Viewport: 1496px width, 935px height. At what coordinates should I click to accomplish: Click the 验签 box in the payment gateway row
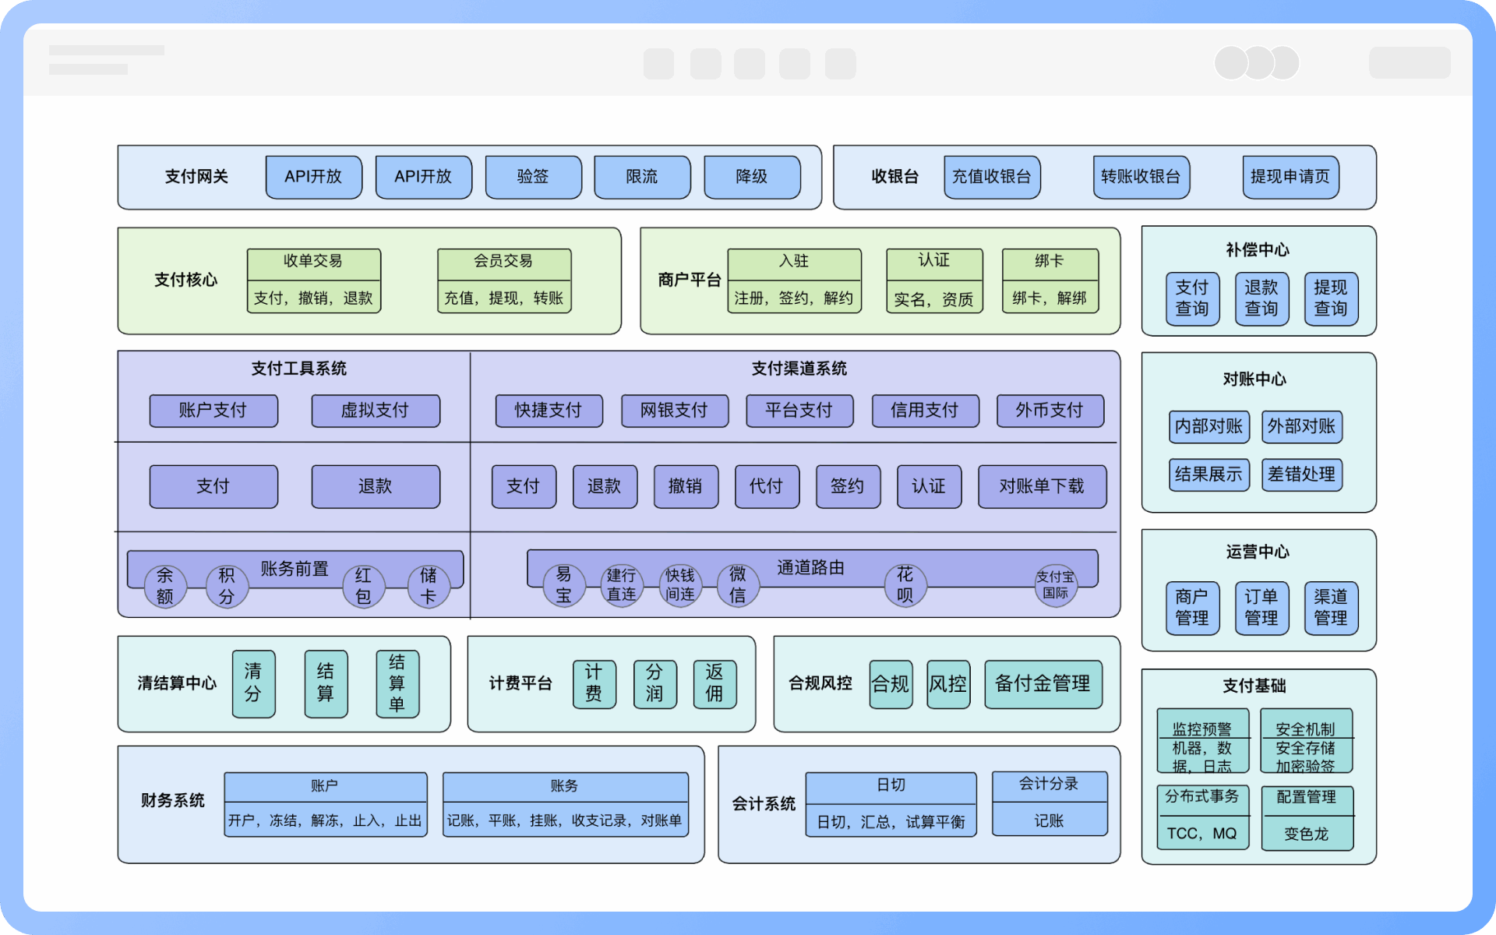click(533, 177)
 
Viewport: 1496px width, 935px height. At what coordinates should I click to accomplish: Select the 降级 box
click(752, 177)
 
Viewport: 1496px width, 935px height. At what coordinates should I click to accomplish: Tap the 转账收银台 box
click(1141, 177)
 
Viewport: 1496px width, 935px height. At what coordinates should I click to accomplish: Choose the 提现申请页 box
click(1290, 177)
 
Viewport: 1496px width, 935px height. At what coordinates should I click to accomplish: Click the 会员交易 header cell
click(503, 262)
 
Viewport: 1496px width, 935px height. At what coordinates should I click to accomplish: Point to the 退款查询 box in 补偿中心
click(1261, 298)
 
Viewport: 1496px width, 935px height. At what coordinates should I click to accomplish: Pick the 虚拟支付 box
click(375, 411)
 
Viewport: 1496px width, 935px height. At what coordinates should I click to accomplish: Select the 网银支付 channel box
click(674, 411)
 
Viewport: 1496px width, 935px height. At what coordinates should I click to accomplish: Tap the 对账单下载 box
click(1042, 486)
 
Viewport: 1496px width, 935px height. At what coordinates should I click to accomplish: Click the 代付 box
click(767, 486)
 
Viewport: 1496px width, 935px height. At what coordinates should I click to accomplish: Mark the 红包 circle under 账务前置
click(363, 586)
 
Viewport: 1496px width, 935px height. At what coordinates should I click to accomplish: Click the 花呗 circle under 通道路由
click(905, 585)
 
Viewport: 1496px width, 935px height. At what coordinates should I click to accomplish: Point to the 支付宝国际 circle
click(1056, 585)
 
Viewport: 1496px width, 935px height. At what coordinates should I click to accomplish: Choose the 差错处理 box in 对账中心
click(1301, 475)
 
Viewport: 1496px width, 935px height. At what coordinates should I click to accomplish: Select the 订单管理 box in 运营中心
click(1261, 608)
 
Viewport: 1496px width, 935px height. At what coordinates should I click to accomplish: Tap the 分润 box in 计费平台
click(654, 683)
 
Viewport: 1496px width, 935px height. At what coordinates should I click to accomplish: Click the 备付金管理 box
click(1043, 684)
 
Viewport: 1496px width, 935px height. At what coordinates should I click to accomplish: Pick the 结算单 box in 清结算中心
click(397, 683)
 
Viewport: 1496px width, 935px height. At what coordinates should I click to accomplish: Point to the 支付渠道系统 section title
click(799, 369)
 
